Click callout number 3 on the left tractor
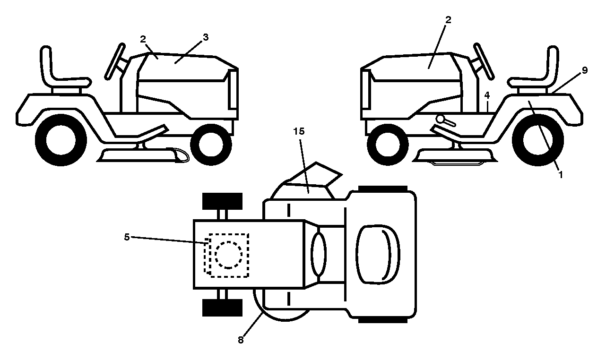(x=206, y=37)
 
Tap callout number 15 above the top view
(x=299, y=131)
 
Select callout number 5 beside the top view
(x=127, y=237)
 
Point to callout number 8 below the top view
(x=241, y=340)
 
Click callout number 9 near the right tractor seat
(x=585, y=70)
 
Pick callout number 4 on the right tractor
(x=487, y=95)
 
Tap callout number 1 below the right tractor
(x=561, y=175)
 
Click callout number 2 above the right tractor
(x=448, y=20)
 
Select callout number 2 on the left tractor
(x=143, y=39)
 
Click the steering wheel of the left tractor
(x=115, y=61)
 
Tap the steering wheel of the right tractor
(x=484, y=61)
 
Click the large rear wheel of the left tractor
(x=61, y=140)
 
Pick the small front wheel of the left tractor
(x=211, y=145)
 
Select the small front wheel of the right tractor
(x=388, y=145)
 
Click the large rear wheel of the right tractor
(x=538, y=140)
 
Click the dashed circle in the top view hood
(x=229, y=255)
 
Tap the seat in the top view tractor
(x=378, y=254)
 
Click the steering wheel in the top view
(x=319, y=255)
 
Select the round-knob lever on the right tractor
(x=445, y=120)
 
